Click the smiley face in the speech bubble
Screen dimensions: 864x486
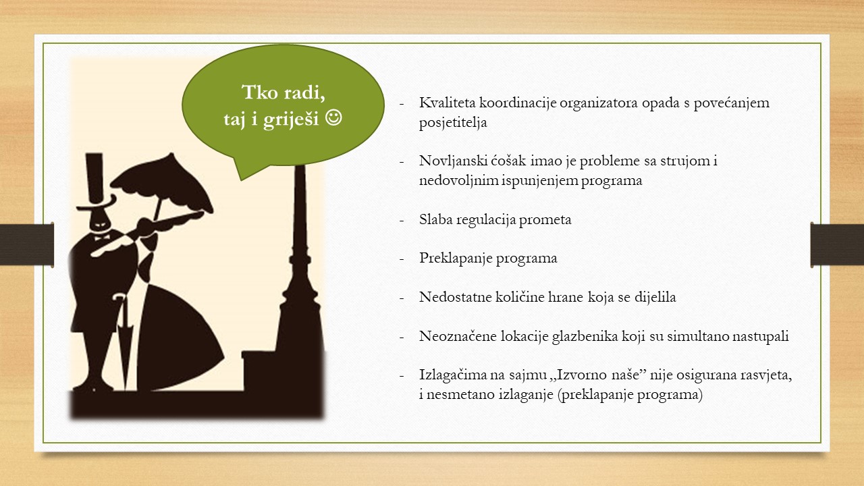(x=333, y=118)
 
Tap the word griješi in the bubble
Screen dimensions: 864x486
(x=291, y=119)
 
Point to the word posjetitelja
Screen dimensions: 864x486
(x=453, y=123)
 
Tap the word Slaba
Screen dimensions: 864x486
(x=435, y=219)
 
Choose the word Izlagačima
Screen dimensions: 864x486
(x=453, y=375)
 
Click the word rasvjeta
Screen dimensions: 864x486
(x=765, y=375)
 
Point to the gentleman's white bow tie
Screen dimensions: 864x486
(x=102, y=238)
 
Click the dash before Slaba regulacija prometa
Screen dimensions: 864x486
(x=402, y=221)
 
